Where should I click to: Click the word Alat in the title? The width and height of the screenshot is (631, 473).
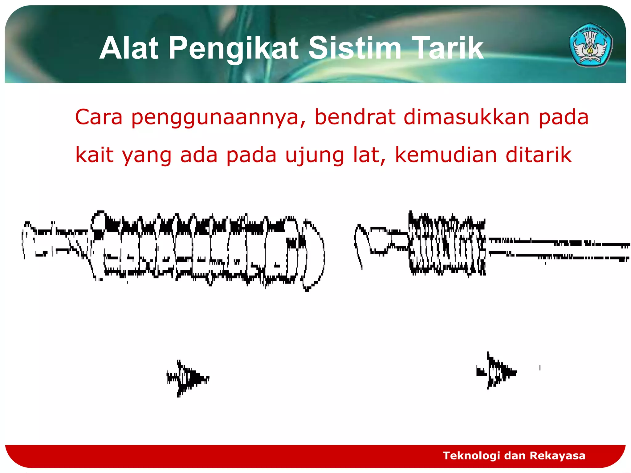click(x=129, y=48)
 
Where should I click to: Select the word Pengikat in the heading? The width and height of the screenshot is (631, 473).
click(x=234, y=48)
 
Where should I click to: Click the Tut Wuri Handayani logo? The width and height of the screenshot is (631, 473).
click(x=590, y=45)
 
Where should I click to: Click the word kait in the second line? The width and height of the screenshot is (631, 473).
click(x=94, y=155)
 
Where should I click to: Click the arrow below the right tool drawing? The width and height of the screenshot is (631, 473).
click(x=496, y=371)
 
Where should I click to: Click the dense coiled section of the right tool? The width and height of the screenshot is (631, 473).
click(x=447, y=245)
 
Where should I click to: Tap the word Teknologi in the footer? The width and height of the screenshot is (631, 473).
click(x=471, y=455)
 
